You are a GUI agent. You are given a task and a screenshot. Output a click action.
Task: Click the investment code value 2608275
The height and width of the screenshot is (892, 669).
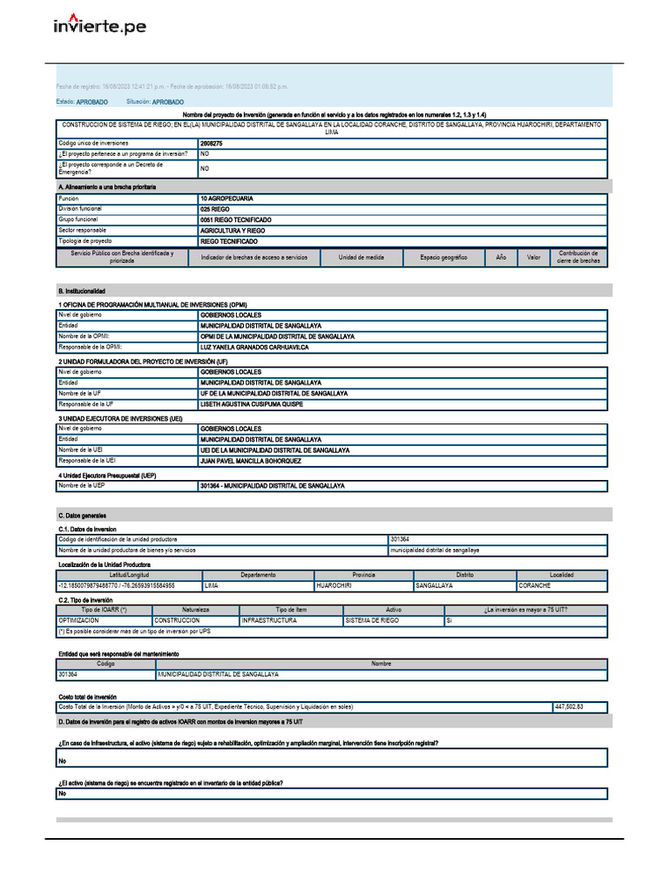click(x=212, y=143)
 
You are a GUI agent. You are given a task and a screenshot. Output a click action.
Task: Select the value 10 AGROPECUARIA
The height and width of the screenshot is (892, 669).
click(x=226, y=199)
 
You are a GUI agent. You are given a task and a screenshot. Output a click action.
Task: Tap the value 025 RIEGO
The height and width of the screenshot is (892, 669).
click(x=215, y=210)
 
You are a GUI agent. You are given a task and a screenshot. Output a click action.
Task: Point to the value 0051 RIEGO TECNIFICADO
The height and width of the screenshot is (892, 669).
click(x=235, y=220)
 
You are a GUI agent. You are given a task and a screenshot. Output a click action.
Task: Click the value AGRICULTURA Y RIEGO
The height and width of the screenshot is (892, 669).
click(x=233, y=231)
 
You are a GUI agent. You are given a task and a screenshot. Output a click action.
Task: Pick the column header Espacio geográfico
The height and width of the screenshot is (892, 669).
click(x=443, y=258)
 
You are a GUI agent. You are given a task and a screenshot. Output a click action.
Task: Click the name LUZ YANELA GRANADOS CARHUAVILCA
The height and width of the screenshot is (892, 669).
click(x=254, y=348)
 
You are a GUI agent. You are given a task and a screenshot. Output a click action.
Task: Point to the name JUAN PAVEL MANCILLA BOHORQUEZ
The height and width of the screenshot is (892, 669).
click(x=251, y=461)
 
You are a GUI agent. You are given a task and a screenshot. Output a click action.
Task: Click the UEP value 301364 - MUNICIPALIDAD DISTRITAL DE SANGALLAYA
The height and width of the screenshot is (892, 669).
click(x=272, y=486)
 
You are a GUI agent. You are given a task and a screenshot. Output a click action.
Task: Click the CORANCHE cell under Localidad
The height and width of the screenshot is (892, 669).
click(x=534, y=586)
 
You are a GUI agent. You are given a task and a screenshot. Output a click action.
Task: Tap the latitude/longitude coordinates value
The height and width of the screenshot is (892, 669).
click(x=116, y=586)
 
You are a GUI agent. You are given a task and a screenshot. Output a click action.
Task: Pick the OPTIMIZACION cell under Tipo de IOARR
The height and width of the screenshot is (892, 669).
click(x=84, y=621)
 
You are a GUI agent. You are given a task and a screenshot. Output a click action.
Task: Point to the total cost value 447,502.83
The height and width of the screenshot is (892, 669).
click(x=568, y=707)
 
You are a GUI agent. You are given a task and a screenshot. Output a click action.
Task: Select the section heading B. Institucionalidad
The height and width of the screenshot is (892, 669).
click(x=82, y=291)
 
